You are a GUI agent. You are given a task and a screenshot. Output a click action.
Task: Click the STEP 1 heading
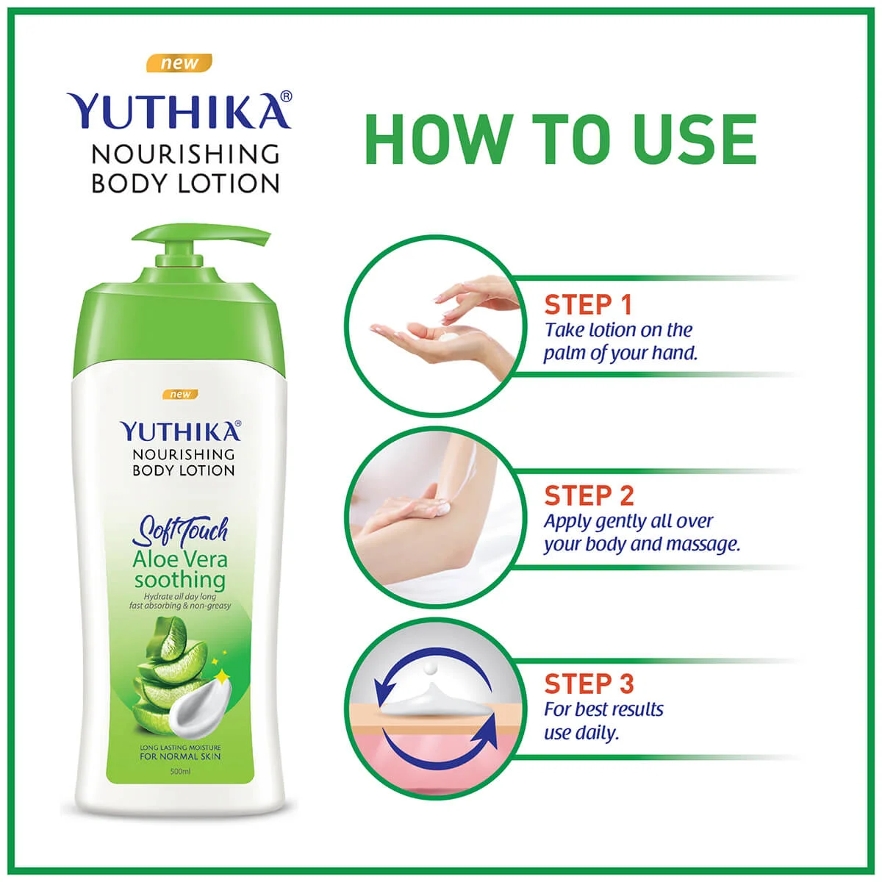587,304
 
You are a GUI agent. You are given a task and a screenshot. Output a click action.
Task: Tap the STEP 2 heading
588,495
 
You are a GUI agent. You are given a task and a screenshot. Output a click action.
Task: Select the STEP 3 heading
588,684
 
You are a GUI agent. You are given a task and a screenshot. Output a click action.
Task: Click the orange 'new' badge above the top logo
179,63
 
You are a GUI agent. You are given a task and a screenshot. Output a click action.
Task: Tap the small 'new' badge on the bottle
180,395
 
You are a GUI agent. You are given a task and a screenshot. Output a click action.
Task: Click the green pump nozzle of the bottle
206,239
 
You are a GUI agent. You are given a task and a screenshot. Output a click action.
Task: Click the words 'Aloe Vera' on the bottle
180,559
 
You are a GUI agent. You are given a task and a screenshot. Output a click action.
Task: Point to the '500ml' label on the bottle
180,771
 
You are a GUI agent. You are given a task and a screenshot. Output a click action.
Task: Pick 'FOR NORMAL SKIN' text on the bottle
180,756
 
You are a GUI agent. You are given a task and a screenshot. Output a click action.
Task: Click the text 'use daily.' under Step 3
581,733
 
